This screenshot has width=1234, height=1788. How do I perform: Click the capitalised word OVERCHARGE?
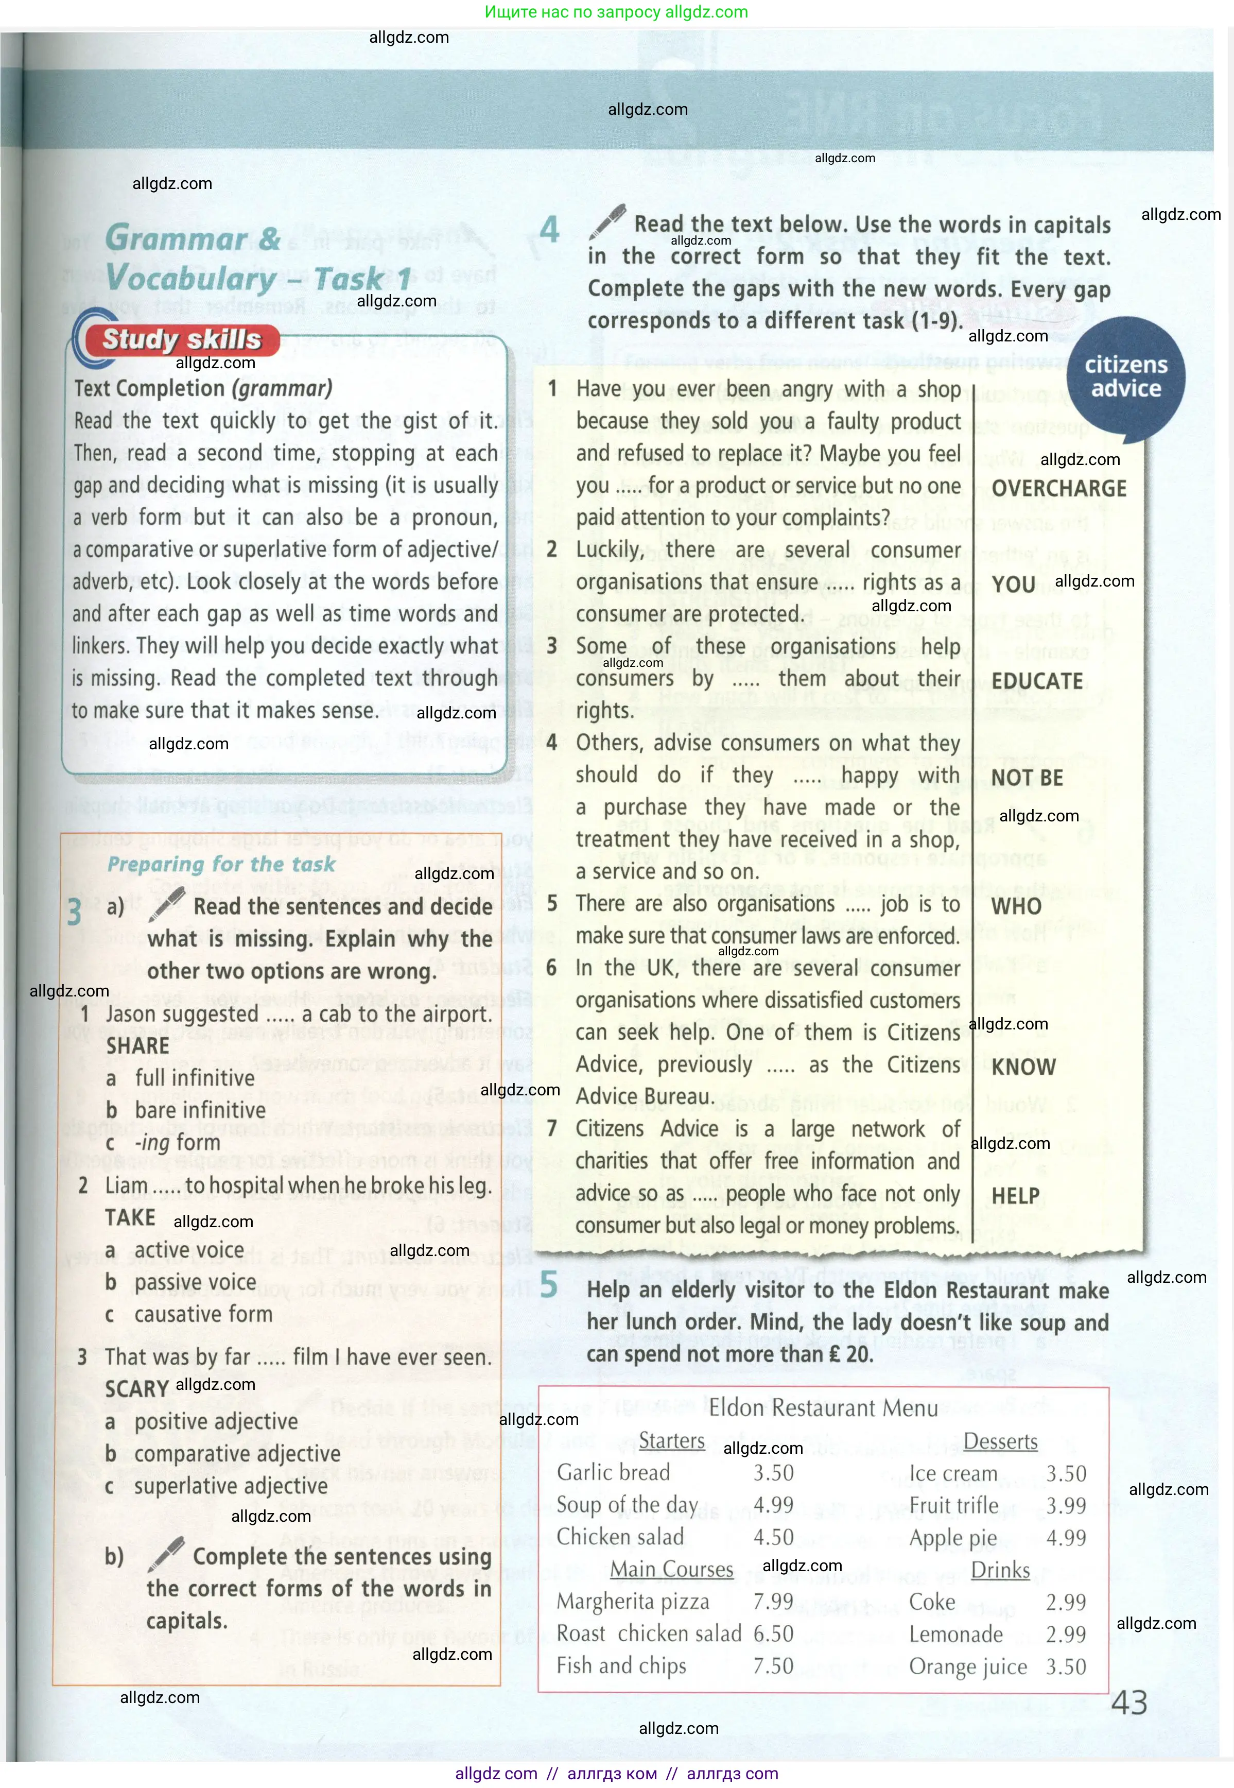pyautogui.click(x=1058, y=489)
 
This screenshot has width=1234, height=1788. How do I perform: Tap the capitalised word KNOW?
pyautogui.click(x=1023, y=1067)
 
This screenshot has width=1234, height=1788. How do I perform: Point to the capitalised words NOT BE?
pyautogui.click(x=1027, y=778)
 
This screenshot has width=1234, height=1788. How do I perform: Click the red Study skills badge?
pyautogui.click(x=182, y=339)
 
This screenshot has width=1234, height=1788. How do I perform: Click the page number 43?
pyautogui.click(x=1129, y=1702)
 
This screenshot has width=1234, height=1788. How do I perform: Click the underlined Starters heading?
pyautogui.click(x=671, y=1441)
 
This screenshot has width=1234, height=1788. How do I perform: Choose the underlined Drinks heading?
pyautogui.click(x=1000, y=1570)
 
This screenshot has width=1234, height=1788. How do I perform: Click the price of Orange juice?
pyautogui.click(x=1066, y=1666)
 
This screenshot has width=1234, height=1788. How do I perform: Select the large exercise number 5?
pyautogui.click(x=549, y=1285)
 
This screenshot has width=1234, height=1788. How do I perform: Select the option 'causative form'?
pyautogui.click(x=203, y=1314)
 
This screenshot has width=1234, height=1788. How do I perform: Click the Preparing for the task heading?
pyautogui.click(x=221, y=864)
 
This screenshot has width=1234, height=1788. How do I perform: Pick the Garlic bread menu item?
pyautogui.click(x=613, y=1472)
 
